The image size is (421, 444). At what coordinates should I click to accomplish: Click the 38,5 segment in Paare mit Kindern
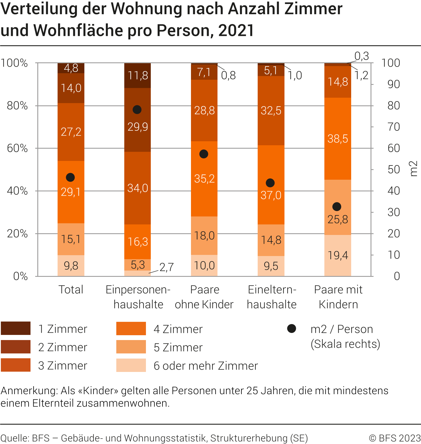pyautogui.click(x=337, y=139)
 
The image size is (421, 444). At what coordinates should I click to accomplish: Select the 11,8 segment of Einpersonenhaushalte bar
pyautogui.click(x=137, y=75)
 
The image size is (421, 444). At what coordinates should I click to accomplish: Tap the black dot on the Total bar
pyautogui.click(x=70, y=177)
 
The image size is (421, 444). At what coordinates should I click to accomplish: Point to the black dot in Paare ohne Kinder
pyautogui.click(x=204, y=154)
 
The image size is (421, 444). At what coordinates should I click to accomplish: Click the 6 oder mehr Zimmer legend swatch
pyautogui.click(x=131, y=365)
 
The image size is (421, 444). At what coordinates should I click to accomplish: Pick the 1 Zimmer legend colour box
pyautogui.click(x=16, y=328)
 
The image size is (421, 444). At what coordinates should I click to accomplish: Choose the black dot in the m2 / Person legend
pyautogui.click(x=292, y=329)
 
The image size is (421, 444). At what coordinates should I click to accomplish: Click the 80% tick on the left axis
pyautogui.click(x=17, y=106)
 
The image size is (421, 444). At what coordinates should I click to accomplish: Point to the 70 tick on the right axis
pyautogui.click(x=394, y=127)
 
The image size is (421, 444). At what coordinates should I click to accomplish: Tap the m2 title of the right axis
pyautogui.click(x=413, y=169)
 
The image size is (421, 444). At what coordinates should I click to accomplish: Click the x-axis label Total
pyautogui.click(x=71, y=290)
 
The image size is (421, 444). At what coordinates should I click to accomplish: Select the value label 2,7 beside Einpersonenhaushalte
pyautogui.click(x=166, y=267)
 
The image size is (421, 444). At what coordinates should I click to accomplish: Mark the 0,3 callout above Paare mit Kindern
pyautogui.click(x=361, y=56)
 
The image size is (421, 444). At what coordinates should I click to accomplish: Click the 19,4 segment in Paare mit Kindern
pyautogui.click(x=337, y=255)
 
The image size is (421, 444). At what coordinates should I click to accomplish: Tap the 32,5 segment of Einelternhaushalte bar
pyautogui.click(x=271, y=111)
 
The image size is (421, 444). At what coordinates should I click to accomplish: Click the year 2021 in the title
pyautogui.click(x=236, y=30)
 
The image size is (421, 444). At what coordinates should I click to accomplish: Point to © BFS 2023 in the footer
pyautogui.click(x=395, y=438)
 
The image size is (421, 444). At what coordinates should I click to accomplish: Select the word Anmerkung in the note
pyautogui.click(x=29, y=391)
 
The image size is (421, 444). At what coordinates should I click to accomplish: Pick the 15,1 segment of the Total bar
pyautogui.click(x=71, y=239)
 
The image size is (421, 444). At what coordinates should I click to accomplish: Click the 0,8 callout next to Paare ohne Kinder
pyautogui.click(x=228, y=75)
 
